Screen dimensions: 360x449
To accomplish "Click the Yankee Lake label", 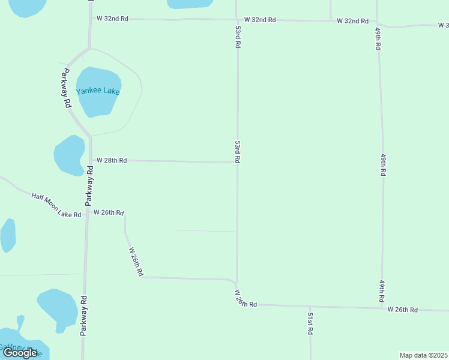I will (98, 91).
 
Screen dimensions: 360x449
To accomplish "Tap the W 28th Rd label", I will (112, 160).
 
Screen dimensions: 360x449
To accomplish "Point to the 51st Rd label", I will (310, 323).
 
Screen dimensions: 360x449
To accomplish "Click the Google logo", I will (20, 353).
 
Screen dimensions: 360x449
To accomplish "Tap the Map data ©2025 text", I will (424, 355).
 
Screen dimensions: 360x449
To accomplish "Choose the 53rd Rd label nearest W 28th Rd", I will (238, 152).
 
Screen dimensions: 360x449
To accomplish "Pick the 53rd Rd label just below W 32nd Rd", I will (238, 37).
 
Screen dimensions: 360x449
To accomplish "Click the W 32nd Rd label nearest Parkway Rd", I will (113, 18).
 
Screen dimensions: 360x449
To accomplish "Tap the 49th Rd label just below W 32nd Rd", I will (378, 39).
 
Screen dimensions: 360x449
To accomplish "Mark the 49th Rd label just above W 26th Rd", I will (382, 290).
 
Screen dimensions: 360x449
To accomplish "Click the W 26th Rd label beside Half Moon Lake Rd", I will (109, 212).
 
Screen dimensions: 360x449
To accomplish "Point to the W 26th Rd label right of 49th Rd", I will (402, 309).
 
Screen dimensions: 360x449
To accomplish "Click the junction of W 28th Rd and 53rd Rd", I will (237, 162).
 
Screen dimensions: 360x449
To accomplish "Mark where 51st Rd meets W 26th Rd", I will (310, 307).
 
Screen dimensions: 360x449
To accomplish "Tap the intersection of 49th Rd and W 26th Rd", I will (382, 308).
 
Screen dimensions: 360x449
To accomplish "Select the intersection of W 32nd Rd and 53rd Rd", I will (237, 20).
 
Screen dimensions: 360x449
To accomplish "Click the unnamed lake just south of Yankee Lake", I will (69, 154).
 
